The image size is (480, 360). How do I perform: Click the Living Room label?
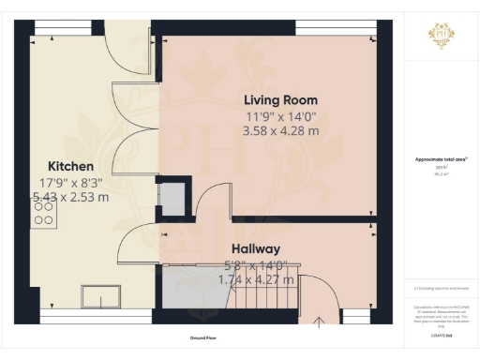(x=280, y=99)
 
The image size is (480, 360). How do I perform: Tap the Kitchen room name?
(x=70, y=166)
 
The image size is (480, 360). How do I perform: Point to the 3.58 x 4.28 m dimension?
(x=280, y=131)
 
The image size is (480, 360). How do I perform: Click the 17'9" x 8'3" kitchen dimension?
(x=70, y=182)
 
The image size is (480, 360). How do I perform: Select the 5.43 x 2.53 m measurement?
(x=70, y=198)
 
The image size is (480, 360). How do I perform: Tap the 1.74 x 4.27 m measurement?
(x=256, y=279)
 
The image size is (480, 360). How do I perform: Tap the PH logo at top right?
(x=441, y=36)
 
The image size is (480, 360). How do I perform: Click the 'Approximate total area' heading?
(x=441, y=159)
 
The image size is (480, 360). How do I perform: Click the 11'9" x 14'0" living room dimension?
(x=280, y=116)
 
